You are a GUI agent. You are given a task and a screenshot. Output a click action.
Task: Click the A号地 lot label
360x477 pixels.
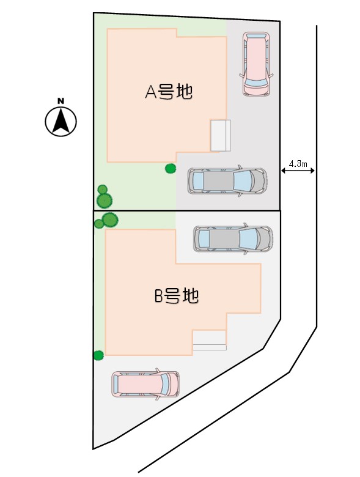(x=169, y=91)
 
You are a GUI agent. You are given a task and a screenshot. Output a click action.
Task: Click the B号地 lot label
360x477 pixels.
(x=177, y=296)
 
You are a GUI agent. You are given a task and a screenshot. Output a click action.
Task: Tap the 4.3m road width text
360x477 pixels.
(x=298, y=164)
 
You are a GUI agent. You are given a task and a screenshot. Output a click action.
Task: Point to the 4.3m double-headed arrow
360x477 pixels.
(x=298, y=171)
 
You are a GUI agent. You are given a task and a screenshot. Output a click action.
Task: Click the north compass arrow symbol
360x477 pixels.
(x=61, y=121)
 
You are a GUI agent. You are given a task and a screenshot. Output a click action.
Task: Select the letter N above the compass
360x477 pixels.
(x=61, y=101)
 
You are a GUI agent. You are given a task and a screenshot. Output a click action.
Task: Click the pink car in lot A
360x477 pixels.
(x=256, y=64)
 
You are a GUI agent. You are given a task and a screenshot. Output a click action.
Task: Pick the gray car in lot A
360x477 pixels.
(x=227, y=180)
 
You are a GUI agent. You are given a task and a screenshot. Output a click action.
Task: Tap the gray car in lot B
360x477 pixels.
(x=233, y=239)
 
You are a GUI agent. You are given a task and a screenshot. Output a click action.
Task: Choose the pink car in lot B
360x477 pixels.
(x=145, y=384)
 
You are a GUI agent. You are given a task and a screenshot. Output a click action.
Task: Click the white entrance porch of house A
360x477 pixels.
(x=221, y=136)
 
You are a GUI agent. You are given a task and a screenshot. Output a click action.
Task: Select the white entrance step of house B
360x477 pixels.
(x=210, y=340)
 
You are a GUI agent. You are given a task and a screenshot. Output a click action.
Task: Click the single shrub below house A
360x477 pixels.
(x=171, y=169)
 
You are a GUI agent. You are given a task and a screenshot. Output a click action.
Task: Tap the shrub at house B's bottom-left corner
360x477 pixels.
(x=98, y=355)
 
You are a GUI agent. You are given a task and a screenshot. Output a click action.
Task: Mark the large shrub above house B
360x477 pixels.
(x=110, y=220)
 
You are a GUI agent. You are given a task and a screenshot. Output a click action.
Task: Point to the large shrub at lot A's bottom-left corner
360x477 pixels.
(x=105, y=201)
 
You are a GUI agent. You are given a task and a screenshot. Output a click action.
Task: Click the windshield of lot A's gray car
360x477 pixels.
(x=243, y=180)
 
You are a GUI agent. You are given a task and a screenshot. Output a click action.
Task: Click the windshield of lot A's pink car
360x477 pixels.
(x=256, y=82)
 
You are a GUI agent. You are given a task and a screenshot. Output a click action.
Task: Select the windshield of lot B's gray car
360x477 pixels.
(x=249, y=239)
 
